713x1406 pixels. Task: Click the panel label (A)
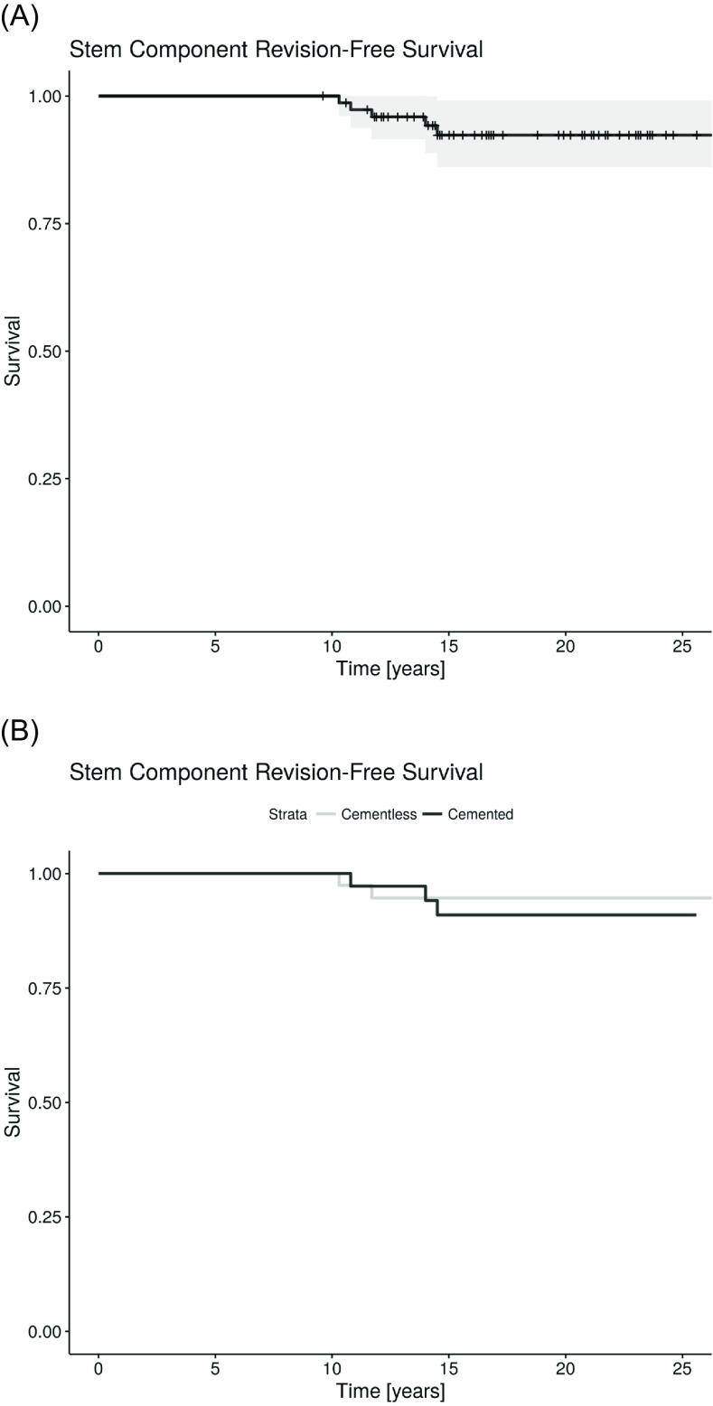coord(19,17)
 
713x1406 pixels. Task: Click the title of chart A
coord(276,50)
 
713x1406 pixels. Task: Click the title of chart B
coord(276,773)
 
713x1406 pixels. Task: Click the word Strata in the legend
coord(287,814)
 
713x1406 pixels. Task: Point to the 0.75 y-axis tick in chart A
coord(40,223)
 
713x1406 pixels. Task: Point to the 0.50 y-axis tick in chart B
coord(40,1102)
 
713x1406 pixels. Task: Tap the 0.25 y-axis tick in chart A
coord(40,478)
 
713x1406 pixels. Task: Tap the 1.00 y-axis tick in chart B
coord(40,874)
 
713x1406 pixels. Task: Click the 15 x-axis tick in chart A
coord(448,647)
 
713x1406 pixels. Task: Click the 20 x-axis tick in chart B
coord(566,1369)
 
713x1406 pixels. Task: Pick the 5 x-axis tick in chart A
coord(215,647)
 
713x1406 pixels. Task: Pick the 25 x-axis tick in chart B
coord(682,1369)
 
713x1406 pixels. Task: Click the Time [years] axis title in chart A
coord(390,670)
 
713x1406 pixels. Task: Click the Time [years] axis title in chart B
coord(390,1392)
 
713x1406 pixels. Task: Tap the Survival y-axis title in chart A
coord(13,351)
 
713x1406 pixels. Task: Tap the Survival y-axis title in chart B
coord(13,1101)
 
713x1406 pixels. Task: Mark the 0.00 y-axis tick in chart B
coord(40,1331)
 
